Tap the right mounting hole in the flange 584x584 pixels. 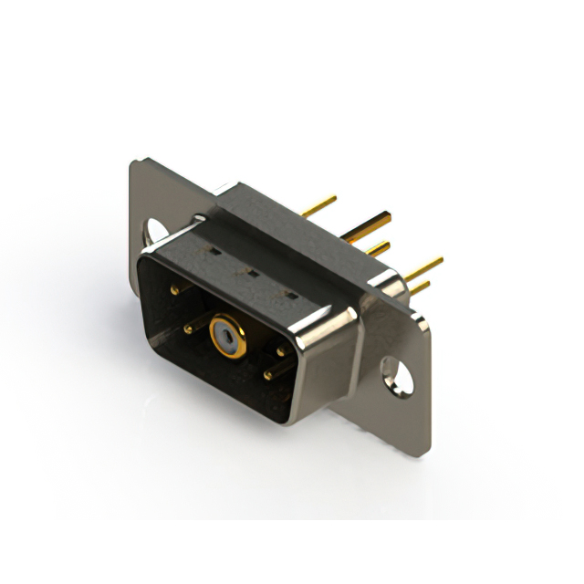397,375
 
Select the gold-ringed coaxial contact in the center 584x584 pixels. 226,336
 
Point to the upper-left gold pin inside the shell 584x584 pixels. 175,290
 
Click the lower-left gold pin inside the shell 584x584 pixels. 188,328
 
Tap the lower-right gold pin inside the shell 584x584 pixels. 268,373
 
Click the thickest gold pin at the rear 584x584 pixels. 370,224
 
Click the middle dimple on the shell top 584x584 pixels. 244,271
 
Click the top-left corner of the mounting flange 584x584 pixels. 136,164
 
